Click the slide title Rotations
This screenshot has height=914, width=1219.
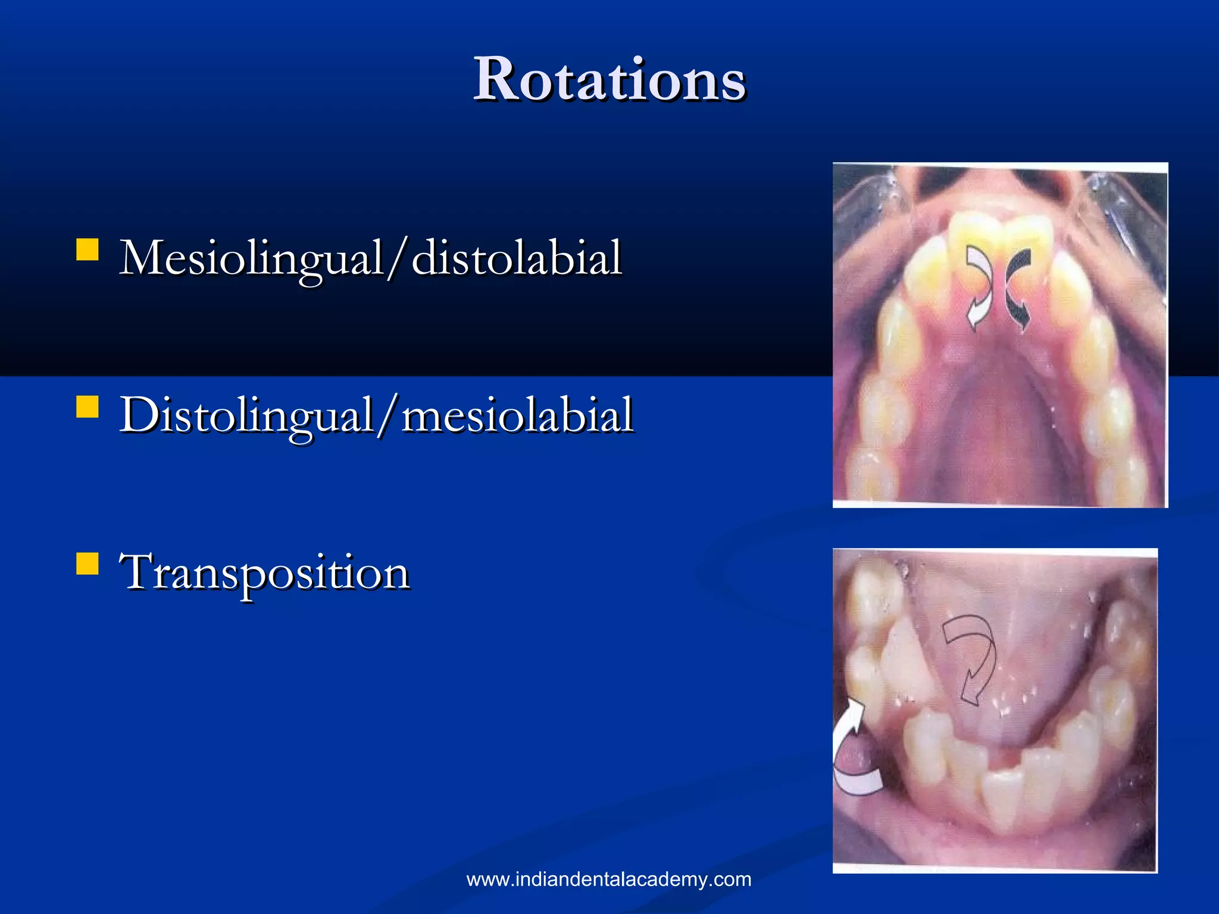tap(609, 80)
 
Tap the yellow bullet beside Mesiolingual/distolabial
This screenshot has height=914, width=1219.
tap(87, 250)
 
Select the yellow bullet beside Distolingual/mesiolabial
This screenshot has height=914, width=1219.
tap(87, 408)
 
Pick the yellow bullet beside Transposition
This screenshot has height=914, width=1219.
tap(87, 564)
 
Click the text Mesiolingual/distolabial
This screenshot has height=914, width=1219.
tap(370, 258)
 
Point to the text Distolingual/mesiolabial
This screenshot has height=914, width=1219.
tap(376, 415)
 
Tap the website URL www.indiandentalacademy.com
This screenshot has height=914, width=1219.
tap(609, 879)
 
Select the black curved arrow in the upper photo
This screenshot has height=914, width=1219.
tap(1018, 289)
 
